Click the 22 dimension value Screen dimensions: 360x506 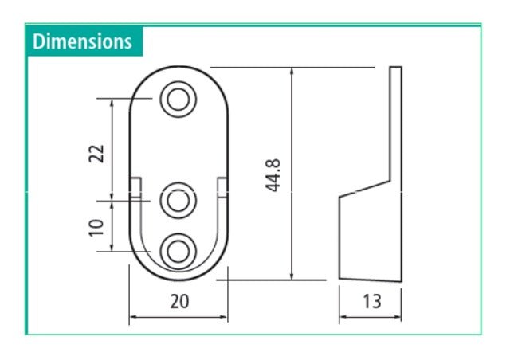[x=97, y=153]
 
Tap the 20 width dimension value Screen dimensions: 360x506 [x=178, y=301]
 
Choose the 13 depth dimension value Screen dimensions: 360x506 [x=371, y=301]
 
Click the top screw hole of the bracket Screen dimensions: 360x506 [x=178, y=100]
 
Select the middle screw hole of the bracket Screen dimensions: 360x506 [x=178, y=200]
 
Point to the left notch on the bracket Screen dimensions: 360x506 [x=135, y=186]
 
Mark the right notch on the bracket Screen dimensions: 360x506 [x=222, y=186]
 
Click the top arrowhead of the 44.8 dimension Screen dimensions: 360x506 [x=293, y=71]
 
